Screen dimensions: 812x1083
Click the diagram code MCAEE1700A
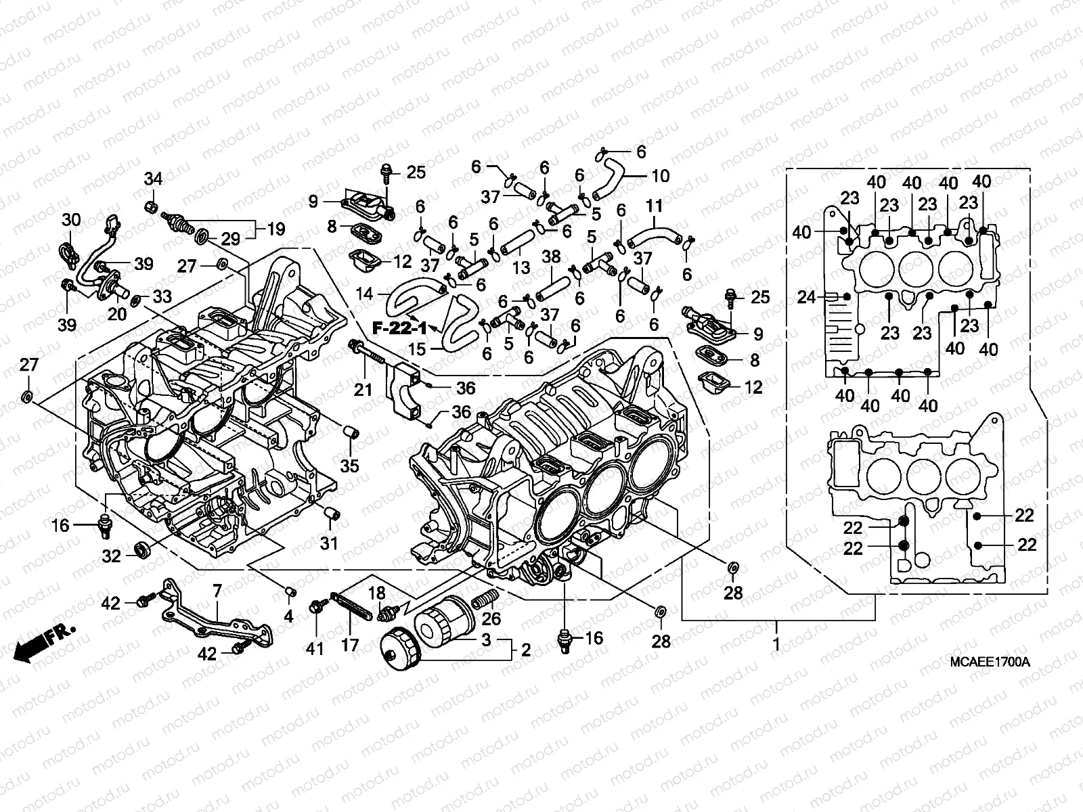(994, 662)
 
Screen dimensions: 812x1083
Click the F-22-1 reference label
(399, 328)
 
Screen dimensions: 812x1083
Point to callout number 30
(71, 220)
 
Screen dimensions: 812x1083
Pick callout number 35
(349, 466)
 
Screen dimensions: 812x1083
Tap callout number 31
(329, 543)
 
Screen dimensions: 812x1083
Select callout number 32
(112, 556)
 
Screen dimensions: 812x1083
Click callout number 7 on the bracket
(217, 591)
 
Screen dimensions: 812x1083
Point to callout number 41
(315, 648)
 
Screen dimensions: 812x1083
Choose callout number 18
(376, 593)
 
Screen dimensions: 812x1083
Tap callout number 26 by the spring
(491, 618)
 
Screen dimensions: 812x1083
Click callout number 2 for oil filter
(525, 650)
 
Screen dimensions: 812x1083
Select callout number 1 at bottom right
(776, 644)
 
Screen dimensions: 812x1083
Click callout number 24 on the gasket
(806, 296)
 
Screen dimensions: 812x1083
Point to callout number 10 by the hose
(661, 177)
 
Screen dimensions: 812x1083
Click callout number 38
(552, 257)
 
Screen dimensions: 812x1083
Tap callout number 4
(288, 617)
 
